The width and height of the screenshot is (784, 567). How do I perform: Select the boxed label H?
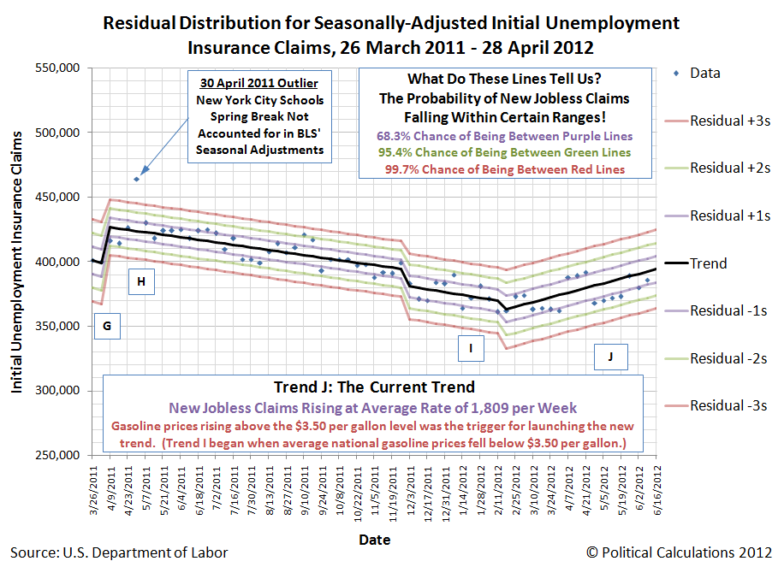tap(141, 281)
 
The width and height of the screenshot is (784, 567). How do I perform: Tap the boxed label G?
tap(106, 326)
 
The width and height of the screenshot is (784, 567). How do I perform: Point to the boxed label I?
tap(470, 347)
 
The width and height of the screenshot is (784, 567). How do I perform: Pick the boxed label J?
tap(610, 356)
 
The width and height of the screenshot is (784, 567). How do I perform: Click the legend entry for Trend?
tap(708, 263)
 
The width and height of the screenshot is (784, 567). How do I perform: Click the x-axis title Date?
tap(374, 540)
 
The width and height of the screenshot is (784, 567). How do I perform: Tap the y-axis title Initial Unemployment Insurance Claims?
tap(18, 262)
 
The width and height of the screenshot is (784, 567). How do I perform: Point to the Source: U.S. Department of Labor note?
tap(119, 552)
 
